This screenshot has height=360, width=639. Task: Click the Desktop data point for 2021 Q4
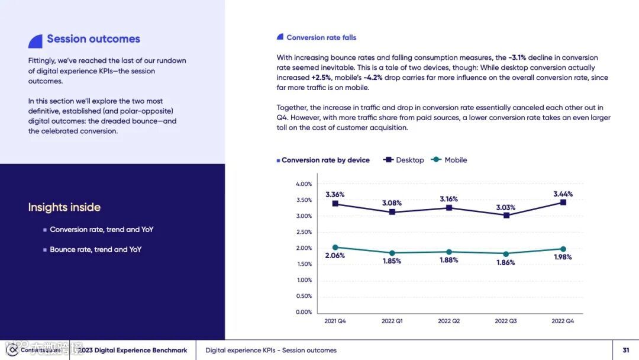pos(335,204)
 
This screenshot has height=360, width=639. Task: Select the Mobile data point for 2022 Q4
pos(563,249)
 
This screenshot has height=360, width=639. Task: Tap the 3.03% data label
pos(505,207)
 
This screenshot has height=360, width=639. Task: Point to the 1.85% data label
pos(392,261)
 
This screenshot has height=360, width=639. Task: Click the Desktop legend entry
pos(404,160)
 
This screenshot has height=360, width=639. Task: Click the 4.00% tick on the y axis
pos(304,184)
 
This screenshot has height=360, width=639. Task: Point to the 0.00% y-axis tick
pos(304,312)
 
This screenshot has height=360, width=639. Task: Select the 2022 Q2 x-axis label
pos(449,321)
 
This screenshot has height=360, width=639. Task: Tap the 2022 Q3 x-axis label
pos(506,321)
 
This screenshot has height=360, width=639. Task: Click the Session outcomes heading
pos(93,39)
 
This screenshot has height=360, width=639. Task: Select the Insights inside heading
pos(64,207)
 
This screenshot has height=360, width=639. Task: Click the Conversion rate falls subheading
pos(321,37)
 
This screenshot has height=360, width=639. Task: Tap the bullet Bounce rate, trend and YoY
pos(95,249)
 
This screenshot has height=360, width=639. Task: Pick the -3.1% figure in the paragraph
pos(517,57)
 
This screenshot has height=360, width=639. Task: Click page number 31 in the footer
pos(626,350)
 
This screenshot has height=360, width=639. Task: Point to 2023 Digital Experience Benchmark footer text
pos(133,351)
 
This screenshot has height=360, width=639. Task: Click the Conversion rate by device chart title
pos(325,160)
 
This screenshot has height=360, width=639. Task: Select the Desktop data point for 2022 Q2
pos(449,208)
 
